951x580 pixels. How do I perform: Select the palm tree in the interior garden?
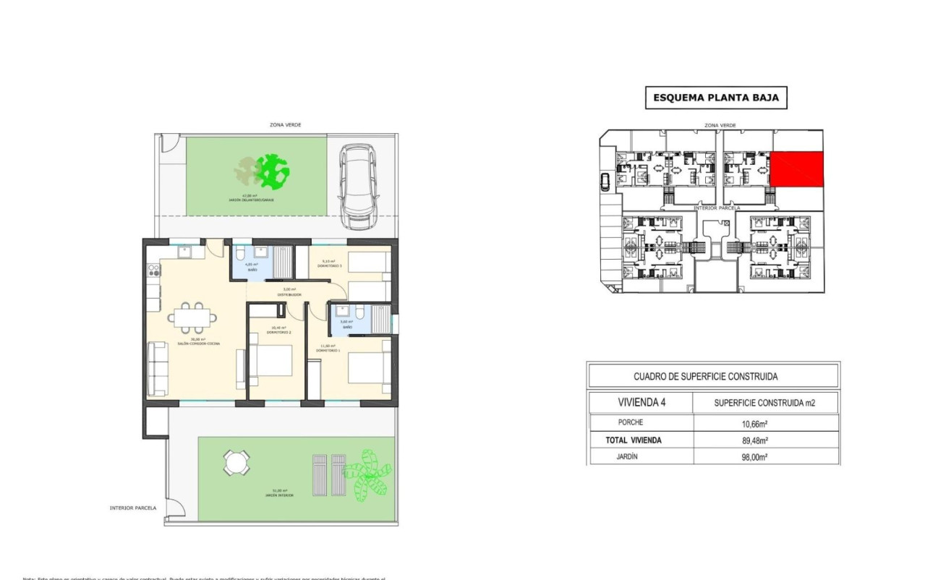tap(367, 475)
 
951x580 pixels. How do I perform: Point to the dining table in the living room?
tap(193, 317)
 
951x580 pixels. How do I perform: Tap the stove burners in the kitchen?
tap(153, 270)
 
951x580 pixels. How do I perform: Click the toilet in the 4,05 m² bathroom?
tap(240, 252)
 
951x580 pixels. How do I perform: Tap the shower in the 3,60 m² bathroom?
tap(378, 319)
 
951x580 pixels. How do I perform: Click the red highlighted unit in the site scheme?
tap(796, 169)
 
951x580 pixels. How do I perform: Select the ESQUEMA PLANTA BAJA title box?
tap(715, 98)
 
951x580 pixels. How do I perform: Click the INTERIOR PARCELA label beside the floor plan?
tap(133, 508)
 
